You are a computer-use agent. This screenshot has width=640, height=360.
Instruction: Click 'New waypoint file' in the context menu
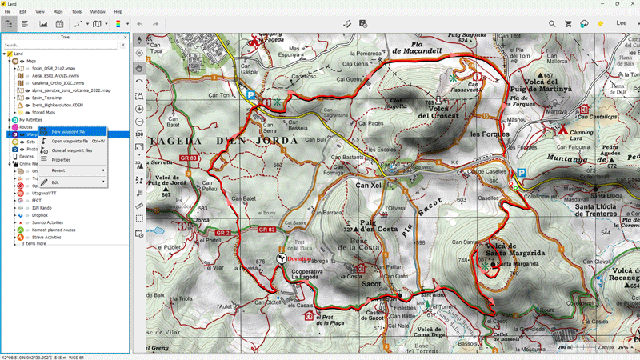pos(68,131)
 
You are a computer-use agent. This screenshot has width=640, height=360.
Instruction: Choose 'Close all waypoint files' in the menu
pos(72,150)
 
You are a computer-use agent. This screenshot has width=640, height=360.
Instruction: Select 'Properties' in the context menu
pos(62,160)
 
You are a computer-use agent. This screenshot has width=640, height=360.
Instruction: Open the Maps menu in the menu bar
pos(58,12)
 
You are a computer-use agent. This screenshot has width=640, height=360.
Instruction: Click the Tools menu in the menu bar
pos(77,12)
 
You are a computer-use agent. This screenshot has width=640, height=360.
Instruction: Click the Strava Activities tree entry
pos(46,237)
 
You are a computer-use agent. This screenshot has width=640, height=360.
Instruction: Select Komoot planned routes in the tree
pos(53,230)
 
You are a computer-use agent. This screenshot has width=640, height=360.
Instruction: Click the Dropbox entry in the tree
pos(40,215)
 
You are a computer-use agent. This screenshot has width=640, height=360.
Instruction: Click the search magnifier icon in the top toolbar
pos(552,24)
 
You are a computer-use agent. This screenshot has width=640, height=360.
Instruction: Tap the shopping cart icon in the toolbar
pos(569,24)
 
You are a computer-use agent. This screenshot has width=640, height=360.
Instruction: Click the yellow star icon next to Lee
pos(600,24)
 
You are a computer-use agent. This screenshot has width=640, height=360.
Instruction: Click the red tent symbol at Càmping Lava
pos(563,130)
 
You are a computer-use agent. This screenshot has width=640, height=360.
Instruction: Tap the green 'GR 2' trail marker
pos(222,232)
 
